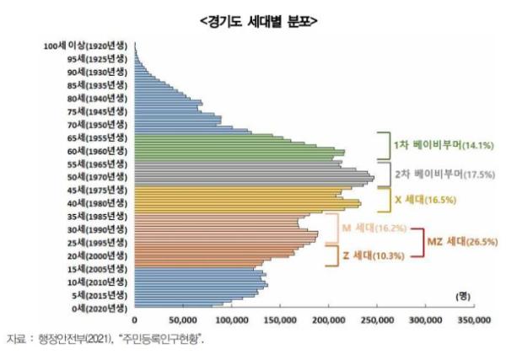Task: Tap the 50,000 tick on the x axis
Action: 183,320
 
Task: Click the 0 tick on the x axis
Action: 135,320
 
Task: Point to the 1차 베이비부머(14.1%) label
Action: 431,144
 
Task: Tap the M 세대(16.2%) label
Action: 360,228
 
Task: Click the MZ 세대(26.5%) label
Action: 463,241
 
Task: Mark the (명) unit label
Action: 463,297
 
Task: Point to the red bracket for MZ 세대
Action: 419,241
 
